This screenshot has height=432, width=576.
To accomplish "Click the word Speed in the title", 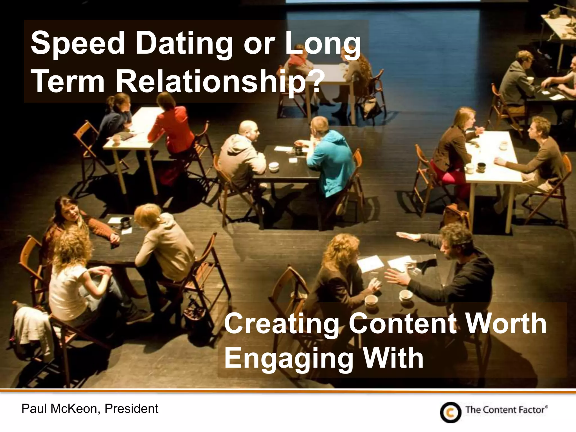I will coord(77,44).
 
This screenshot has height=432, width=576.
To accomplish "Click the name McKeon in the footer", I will coord(74,409).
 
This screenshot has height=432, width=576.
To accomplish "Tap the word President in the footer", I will coord(131,409).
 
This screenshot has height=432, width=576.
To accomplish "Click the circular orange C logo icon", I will coord(451,412).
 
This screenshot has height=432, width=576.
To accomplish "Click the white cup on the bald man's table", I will coord(273,166).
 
